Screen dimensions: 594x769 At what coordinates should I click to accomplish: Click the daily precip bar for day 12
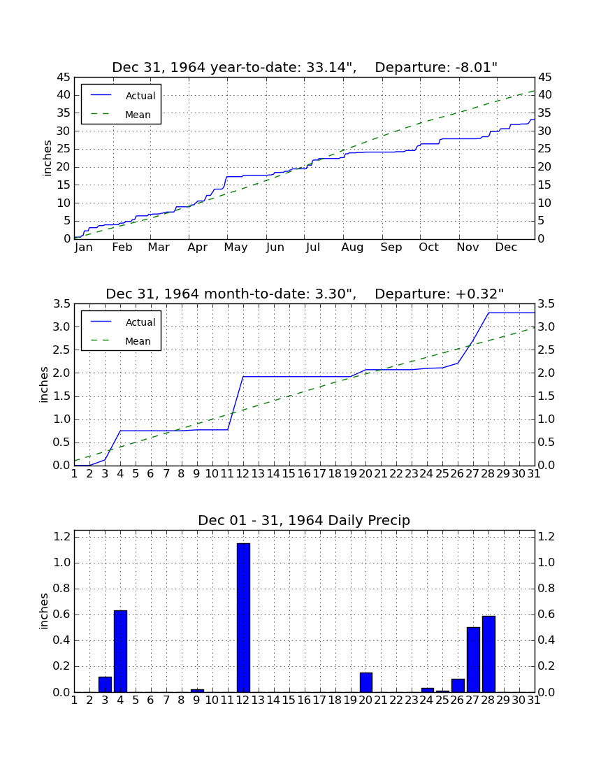coord(243,617)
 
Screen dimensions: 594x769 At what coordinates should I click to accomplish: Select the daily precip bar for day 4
coord(121,652)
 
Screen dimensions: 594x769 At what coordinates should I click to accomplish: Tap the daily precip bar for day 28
coord(488,654)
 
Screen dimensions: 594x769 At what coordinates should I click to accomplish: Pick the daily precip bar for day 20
coord(366,682)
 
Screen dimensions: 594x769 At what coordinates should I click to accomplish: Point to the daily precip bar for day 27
coord(473,660)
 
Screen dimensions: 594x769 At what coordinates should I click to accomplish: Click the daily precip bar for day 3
coord(106,684)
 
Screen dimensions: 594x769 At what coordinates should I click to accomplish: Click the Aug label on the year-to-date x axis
coord(352,247)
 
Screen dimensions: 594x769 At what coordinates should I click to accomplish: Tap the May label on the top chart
coord(236,247)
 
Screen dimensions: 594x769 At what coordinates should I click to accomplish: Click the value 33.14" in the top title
coord(331,67)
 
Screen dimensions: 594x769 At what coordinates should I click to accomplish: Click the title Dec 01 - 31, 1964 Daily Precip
coord(304,520)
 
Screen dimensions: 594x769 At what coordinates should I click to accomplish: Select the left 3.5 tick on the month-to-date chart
coord(62,304)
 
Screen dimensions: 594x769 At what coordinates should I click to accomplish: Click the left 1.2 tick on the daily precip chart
coord(62,537)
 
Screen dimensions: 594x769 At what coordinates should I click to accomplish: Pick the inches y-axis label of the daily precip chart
coord(44,611)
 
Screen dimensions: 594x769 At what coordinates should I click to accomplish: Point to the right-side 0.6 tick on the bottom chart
coord(546,615)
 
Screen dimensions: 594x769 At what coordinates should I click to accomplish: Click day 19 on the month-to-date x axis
coord(350,474)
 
